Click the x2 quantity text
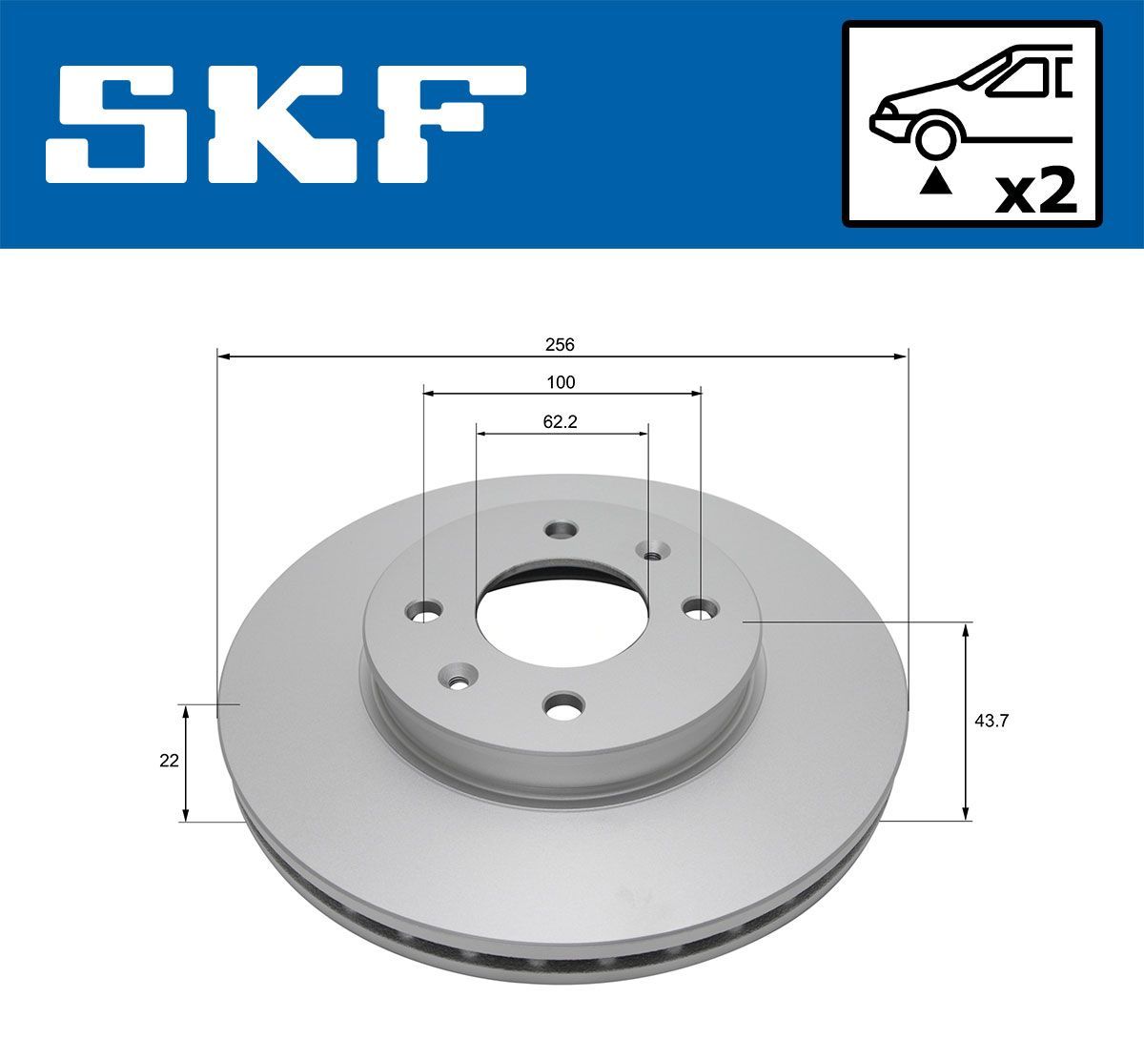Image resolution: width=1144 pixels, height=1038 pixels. (x=1035, y=192)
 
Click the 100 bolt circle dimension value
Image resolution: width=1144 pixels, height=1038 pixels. (x=561, y=382)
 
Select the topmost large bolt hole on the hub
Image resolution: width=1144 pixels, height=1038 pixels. (x=561, y=529)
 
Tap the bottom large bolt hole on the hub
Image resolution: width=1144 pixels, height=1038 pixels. (x=561, y=706)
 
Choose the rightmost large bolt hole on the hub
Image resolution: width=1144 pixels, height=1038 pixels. (x=702, y=606)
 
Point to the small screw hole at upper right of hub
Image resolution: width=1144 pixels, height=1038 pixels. (x=653, y=550)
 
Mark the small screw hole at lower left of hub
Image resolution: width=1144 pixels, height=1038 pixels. (x=457, y=679)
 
